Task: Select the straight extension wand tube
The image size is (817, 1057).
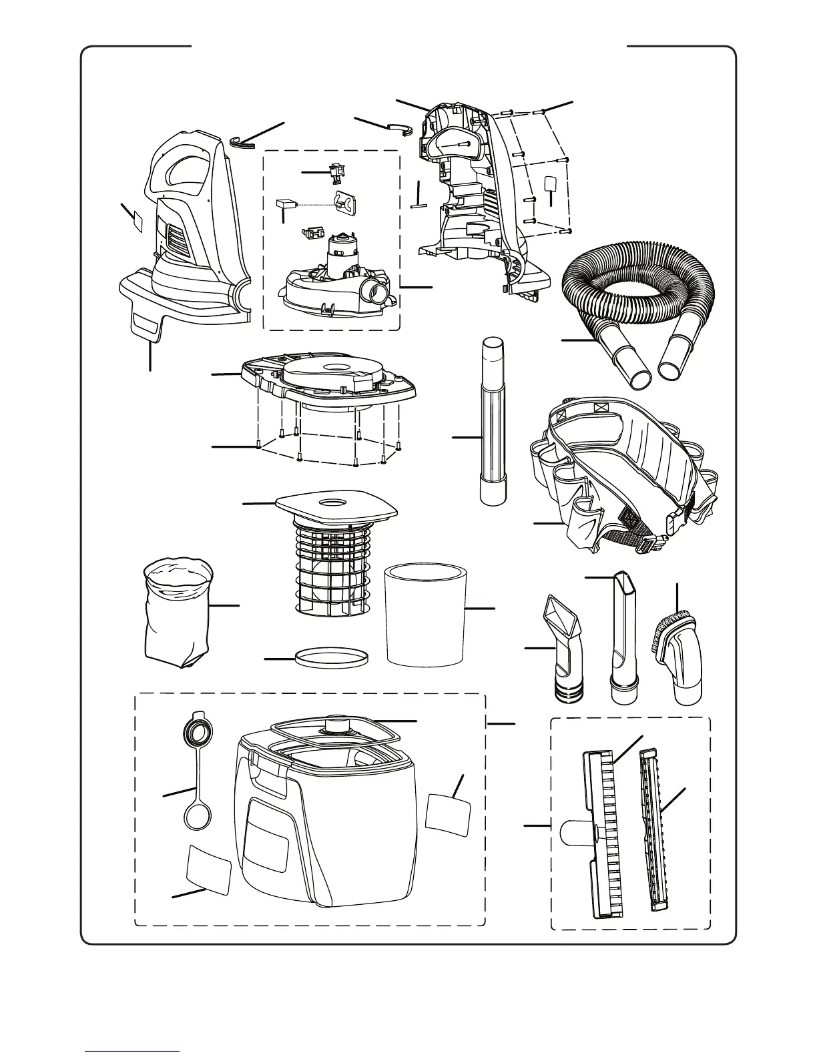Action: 494,420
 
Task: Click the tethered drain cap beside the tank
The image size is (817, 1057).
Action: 196,774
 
